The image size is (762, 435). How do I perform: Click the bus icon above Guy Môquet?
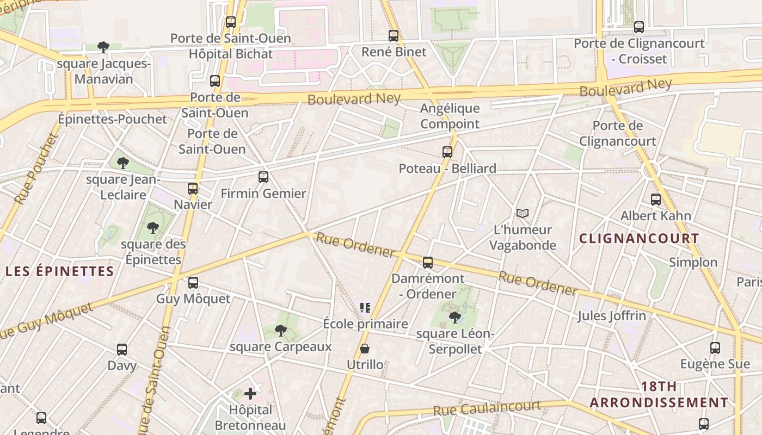pyautogui.click(x=193, y=283)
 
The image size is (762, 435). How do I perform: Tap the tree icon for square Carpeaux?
pyautogui.click(x=281, y=330)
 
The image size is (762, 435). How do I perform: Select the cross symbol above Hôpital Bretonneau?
pyautogui.click(x=250, y=393)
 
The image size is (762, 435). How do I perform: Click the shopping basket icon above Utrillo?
pyautogui.click(x=365, y=349)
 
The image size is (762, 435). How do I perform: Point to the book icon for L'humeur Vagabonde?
pyautogui.click(x=523, y=214)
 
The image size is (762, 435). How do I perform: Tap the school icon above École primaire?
pyautogui.click(x=365, y=308)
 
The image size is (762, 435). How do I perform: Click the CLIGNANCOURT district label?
pyautogui.click(x=639, y=238)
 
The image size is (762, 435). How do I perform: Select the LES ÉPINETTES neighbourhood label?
pyautogui.click(x=60, y=271)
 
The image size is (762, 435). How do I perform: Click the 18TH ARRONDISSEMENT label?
pyautogui.click(x=659, y=395)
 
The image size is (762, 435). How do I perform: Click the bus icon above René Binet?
pyautogui.click(x=394, y=36)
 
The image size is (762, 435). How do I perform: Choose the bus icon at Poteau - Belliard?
pyautogui.click(x=447, y=152)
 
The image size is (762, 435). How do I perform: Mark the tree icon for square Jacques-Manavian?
pyautogui.click(x=103, y=47)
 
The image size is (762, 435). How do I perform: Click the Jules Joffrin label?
pyautogui.click(x=612, y=315)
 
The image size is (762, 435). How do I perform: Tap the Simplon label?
pyautogui.click(x=693, y=262)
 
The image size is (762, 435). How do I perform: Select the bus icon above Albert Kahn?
pyautogui.click(x=656, y=200)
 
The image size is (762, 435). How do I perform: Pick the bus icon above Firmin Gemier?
pyautogui.click(x=263, y=177)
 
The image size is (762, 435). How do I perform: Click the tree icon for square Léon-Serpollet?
pyautogui.click(x=455, y=317)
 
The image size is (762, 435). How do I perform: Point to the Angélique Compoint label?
pyautogui.click(x=450, y=116)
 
